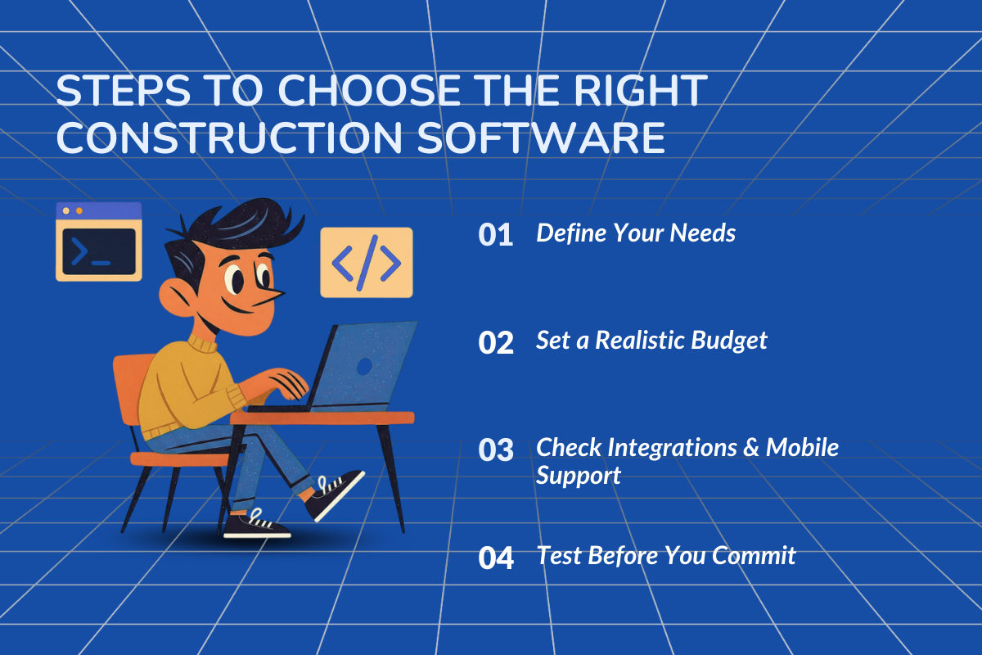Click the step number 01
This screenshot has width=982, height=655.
495,235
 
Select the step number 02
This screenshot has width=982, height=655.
495,342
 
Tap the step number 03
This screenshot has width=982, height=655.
495,450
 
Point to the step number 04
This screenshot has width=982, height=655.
495,558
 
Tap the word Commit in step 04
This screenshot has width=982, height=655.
754,555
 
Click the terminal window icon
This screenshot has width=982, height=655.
98,242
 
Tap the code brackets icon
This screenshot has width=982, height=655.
366,262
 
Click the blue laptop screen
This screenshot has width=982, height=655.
364,366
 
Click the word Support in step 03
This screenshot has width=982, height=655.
578,476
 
